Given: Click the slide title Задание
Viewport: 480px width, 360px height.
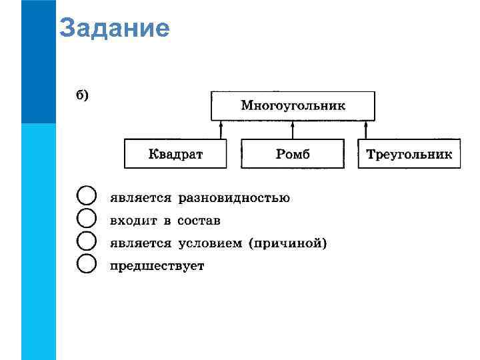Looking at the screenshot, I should (x=114, y=29).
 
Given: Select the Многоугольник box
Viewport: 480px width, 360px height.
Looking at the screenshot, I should (x=293, y=105).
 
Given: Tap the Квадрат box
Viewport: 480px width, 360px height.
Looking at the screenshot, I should (x=175, y=154).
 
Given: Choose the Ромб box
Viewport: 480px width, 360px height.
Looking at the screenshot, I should (x=293, y=154).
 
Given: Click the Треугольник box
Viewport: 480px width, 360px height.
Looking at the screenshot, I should (x=409, y=154).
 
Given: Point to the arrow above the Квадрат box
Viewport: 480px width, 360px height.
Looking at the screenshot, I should (x=221, y=130).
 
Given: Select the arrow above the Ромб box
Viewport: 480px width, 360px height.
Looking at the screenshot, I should (x=293, y=130).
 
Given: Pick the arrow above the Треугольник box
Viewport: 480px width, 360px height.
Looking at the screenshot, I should (x=365, y=130).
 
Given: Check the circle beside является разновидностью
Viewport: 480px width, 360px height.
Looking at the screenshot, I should (x=87, y=197).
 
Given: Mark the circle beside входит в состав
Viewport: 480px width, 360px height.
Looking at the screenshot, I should (x=87, y=219).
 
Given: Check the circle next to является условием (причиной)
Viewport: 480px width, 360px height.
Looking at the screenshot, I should (x=87, y=242).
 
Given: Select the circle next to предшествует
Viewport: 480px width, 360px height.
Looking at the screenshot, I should (x=87, y=265).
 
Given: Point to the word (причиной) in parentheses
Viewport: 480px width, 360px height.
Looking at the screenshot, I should (x=287, y=243).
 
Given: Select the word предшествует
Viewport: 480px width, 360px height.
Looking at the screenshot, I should (x=157, y=266).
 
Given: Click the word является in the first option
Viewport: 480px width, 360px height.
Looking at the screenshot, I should (x=141, y=198).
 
